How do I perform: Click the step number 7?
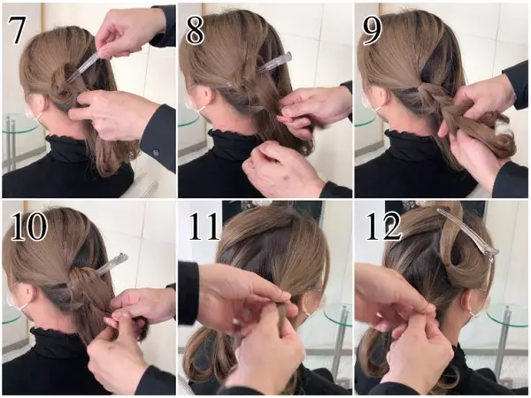[x=16, y=30]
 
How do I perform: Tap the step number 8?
[x=195, y=30]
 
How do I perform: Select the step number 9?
[x=373, y=30]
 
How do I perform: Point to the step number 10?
[x=29, y=226]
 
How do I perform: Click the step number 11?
[x=205, y=226]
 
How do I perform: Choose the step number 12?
[x=382, y=226]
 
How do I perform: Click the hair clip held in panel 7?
[x=84, y=66]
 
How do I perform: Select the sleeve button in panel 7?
[x=156, y=152]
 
